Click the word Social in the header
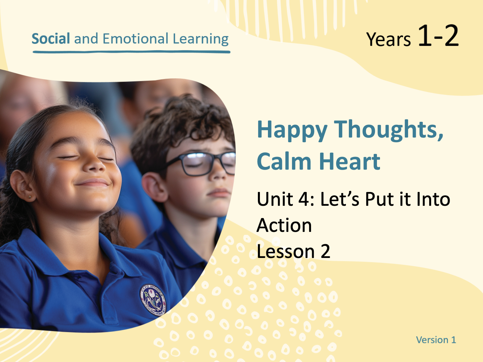click(51, 38)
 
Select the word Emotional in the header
click(135, 38)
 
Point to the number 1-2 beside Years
click(438, 36)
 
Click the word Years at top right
click(388, 39)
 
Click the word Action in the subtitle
click(284, 225)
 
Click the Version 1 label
click(436, 340)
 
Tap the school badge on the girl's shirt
click(153, 300)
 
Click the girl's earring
click(29, 197)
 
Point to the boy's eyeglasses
click(199, 163)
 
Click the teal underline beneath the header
click(131, 52)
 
